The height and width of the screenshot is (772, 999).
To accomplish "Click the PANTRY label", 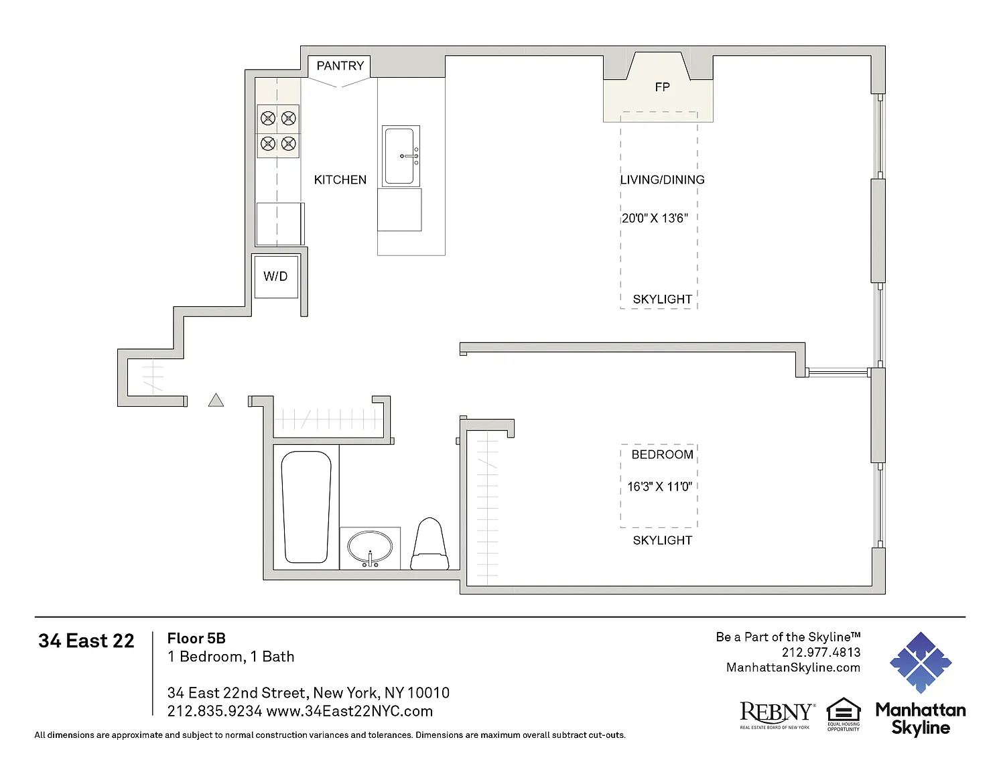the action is point(340,66).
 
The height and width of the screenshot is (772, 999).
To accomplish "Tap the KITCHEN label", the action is point(340,180).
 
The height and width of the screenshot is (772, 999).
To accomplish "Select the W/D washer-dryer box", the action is point(276,276).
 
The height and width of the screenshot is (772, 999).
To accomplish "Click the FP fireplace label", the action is point(663,87).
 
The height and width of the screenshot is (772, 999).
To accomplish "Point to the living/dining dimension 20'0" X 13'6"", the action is point(655,218).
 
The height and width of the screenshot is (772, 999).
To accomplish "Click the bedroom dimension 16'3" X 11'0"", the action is point(660,487).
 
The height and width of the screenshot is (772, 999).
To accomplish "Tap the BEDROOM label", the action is point(662,455).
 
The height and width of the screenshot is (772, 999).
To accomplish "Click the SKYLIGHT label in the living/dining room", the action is point(663,300).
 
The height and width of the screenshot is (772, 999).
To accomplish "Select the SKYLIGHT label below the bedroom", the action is point(663,540).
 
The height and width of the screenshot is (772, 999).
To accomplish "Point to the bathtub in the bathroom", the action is point(306,507).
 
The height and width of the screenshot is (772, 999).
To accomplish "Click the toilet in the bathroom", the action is point(430,544).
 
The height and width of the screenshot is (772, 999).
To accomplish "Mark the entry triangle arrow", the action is point(216,400).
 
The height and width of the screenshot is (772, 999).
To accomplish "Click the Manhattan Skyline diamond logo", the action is point(921,663).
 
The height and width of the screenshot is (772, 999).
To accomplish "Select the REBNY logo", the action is point(777,714).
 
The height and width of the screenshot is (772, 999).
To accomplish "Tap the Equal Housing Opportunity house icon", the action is point(844,714).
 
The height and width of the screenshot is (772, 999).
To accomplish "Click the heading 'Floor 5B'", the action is point(197,638).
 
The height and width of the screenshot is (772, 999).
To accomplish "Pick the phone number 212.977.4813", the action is point(821,653).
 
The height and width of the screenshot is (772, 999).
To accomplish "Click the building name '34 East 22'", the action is point(86,641).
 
